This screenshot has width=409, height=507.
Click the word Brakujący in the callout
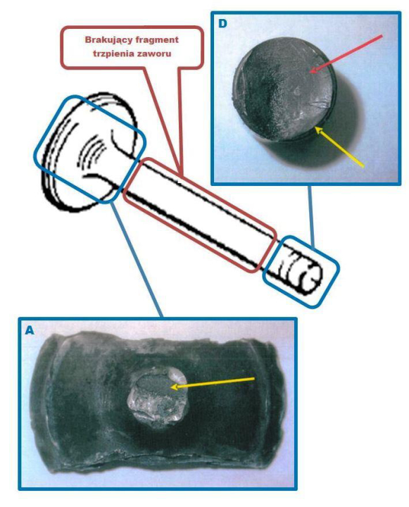[x=106, y=39]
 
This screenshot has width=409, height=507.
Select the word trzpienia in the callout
[x=112, y=54]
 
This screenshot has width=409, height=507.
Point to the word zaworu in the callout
[x=153, y=54]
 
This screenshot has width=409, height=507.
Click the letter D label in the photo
[x=222, y=23]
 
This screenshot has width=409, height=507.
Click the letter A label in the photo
[x=29, y=330]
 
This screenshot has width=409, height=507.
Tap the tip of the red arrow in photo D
[x=310, y=72]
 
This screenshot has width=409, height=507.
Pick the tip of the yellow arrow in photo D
[x=316, y=127]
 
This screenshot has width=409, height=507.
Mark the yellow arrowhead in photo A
[x=175, y=387]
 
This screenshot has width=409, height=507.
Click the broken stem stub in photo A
[x=158, y=400]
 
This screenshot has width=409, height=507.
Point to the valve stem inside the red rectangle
[x=199, y=215]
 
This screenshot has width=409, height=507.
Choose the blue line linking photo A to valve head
[x=137, y=258]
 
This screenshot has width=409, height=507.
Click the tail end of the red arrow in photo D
[x=382, y=36]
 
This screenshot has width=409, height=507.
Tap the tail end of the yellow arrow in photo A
[x=254, y=378]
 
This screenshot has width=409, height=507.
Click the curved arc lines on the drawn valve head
[x=92, y=151]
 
